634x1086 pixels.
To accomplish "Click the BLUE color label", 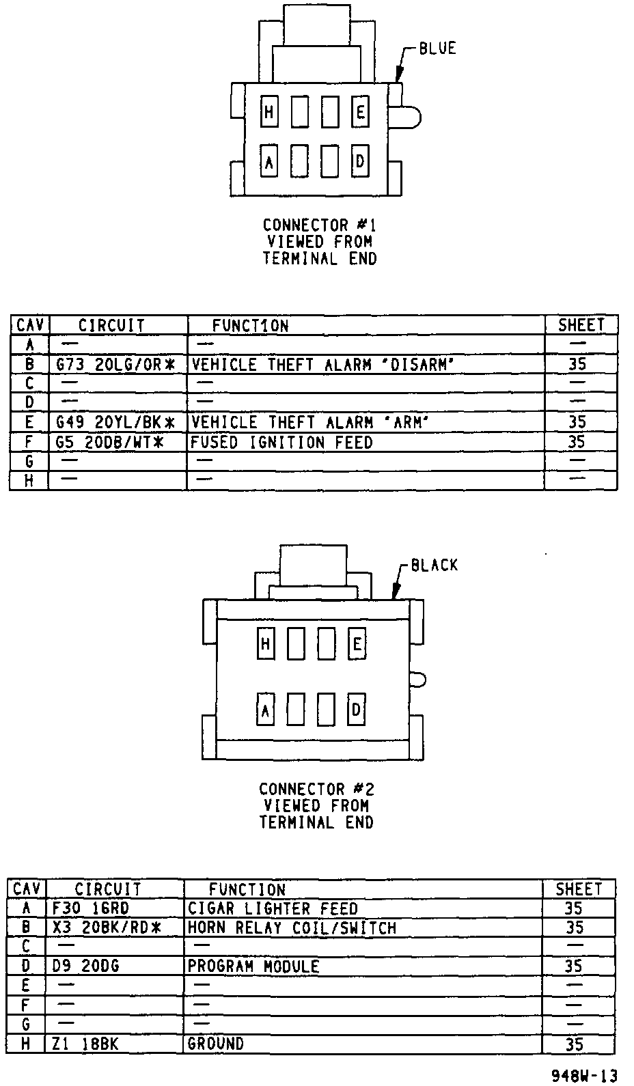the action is click(x=437, y=48).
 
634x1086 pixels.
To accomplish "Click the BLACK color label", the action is click(x=435, y=566).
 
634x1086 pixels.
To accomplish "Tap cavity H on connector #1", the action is click(x=269, y=113).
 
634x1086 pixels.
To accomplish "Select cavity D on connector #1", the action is click(x=360, y=162).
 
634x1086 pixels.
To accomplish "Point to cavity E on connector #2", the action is click(x=357, y=644).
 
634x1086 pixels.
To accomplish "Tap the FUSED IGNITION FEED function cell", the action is click(x=281, y=443).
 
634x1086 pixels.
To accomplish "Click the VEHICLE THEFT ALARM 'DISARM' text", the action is click(x=322, y=365).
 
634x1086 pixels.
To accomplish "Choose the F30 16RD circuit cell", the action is click(x=91, y=908).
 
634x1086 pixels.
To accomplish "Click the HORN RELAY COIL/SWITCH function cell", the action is click(x=292, y=928).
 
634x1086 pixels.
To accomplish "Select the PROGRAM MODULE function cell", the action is click(x=253, y=966).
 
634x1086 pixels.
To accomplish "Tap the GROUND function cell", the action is click(x=215, y=1044).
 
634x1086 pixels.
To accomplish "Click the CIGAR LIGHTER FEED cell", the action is click(x=273, y=908).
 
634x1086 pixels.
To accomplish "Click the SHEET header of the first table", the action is click(x=581, y=325).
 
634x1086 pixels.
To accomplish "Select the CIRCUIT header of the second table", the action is click(x=108, y=889).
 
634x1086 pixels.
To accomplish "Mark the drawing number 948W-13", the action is click(x=584, y=1076).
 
